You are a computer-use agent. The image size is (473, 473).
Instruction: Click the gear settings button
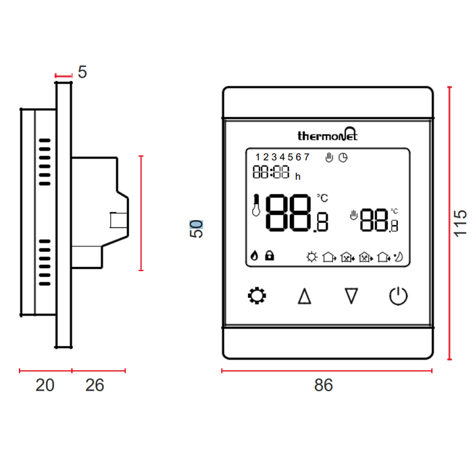click(x=257, y=295)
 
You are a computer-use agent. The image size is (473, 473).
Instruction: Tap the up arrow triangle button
click(x=304, y=296)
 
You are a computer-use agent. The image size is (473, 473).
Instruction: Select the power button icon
click(x=399, y=295)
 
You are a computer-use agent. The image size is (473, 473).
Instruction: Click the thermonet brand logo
click(x=328, y=135)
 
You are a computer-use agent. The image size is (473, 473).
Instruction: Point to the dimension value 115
click(x=460, y=222)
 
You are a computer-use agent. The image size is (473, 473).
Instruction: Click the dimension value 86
click(x=324, y=385)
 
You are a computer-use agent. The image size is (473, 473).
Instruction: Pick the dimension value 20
click(x=45, y=385)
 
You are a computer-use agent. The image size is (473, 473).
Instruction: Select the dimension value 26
click(x=95, y=385)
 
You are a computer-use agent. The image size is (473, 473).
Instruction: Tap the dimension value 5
click(x=82, y=72)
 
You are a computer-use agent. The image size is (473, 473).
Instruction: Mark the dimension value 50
click(x=196, y=228)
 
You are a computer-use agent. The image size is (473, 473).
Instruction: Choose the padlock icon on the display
click(x=270, y=255)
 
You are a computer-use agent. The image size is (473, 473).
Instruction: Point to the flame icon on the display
click(x=255, y=255)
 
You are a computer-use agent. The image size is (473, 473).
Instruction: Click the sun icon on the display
click(x=312, y=256)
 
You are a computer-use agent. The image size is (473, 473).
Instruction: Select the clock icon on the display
click(x=343, y=157)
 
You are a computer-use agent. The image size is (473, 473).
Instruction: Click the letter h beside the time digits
click(x=297, y=176)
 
